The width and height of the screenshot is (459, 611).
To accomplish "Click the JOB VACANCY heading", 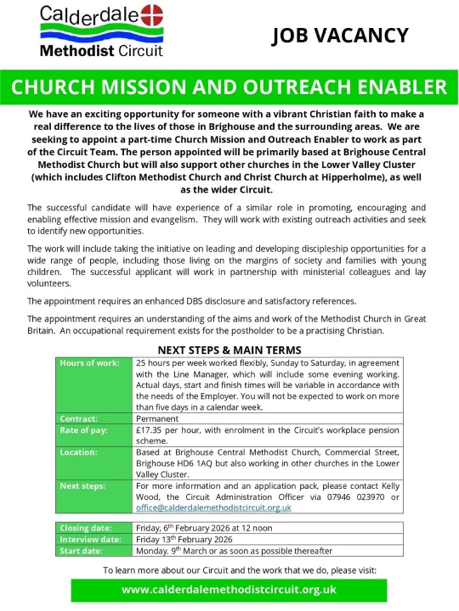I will pyautogui.click(x=340, y=36).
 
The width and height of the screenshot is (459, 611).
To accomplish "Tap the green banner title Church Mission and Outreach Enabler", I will pyautogui.click(x=229, y=88).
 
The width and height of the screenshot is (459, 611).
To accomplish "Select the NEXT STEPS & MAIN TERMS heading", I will pyautogui.click(x=229, y=349).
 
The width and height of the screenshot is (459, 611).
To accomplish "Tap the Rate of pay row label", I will pyautogui.click(x=82, y=430).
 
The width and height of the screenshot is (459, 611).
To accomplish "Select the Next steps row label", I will pyautogui.click(x=82, y=485).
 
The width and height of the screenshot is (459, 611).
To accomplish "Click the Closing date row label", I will pyautogui.click(x=85, y=528).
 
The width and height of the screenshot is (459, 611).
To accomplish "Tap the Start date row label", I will pyautogui.click(x=81, y=550).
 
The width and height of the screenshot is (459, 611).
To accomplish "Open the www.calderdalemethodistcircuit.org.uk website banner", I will pyautogui.click(x=229, y=589).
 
